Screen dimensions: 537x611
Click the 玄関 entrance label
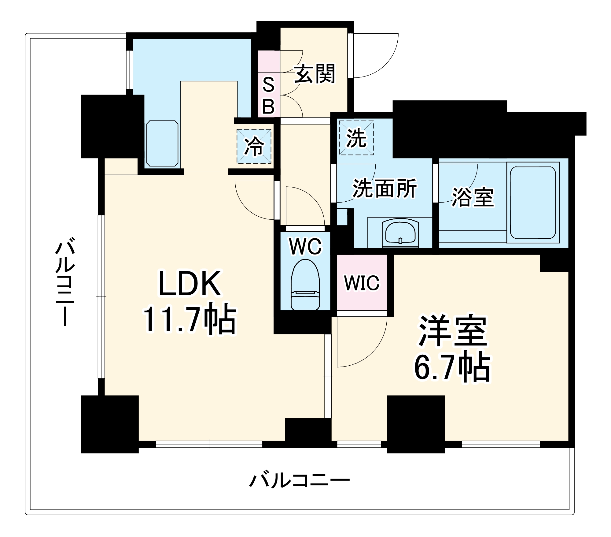(x=315, y=74)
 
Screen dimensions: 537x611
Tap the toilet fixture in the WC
(x=305, y=285)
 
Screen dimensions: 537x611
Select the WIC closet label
(x=362, y=283)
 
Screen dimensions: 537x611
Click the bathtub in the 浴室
(x=532, y=203)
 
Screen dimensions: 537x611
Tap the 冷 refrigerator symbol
(x=254, y=146)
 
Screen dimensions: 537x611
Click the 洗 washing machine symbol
(x=356, y=138)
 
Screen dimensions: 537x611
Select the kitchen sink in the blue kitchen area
(x=162, y=143)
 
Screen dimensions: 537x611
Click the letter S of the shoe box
(x=268, y=85)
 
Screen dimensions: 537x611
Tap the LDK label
(x=190, y=284)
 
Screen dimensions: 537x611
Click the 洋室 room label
(x=453, y=331)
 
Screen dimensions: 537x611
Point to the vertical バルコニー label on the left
(x=65, y=282)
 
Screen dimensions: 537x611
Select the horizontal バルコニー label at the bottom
(x=299, y=480)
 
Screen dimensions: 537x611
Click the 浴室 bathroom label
(x=473, y=197)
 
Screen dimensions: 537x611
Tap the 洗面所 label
(x=385, y=189)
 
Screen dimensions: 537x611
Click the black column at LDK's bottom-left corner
(x=109, y=424)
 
